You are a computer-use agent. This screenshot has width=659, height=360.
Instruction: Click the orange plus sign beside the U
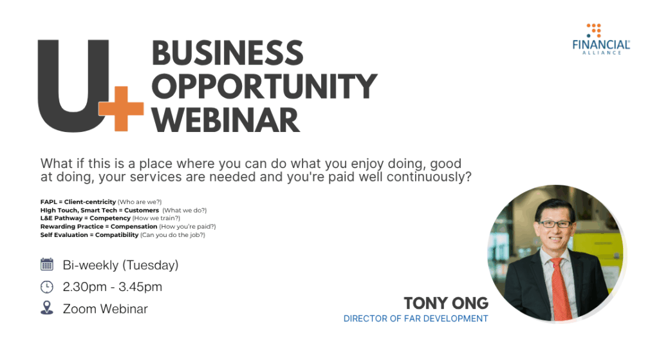pyautogui.click(x=121, y=109)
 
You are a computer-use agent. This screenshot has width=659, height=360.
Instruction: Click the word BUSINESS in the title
pyautogui.click(x=227, y=53)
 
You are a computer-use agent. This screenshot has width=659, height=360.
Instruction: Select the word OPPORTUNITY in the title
pyautogui.click(x=265, y=86)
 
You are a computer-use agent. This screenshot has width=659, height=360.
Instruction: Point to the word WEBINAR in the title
pyautogui.click(x=226, y=120)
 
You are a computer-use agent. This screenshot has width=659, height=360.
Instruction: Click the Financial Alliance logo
pyautogui.click(x=601, y=39)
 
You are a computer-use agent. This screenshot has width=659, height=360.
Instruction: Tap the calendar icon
pyautogui.click(x=46, y=264)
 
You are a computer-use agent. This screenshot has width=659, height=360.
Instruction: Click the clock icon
pyautogui.click(x=46, y=287)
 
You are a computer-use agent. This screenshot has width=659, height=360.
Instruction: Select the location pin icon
pyautogui.click(x=46, y=308)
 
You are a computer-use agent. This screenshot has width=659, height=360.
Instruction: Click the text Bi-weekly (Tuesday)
pyautogui.click(x=120, y=265)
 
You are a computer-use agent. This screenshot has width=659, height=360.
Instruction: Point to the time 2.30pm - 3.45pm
pyautogui.click(x=112, y=287)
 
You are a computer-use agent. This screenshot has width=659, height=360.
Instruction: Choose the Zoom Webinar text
pyautogui.click(x=105, y=308)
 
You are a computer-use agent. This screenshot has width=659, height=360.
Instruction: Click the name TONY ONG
pyautogui.click(x=446, y=303)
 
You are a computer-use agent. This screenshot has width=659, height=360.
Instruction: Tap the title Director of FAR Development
pyautogui.click(x=416, y=319)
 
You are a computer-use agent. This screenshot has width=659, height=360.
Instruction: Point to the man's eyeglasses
pyautogui.click(x=554, y=224)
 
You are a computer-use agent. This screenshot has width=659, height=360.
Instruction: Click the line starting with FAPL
pyautogui.click(x=101, y=202)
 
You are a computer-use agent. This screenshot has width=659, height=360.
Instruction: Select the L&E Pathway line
pyautogui.click(x=110, y=218)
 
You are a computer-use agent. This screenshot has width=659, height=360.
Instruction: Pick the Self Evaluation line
pyautogui.click(x=123, y=234)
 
